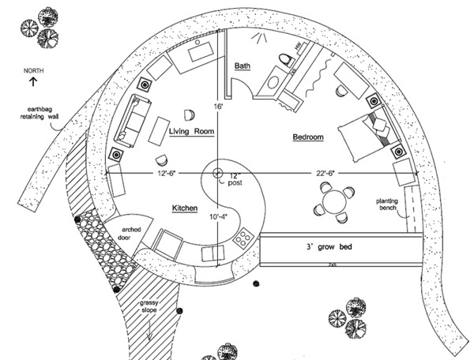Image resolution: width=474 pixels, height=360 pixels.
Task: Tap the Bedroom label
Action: [x=308, y=137]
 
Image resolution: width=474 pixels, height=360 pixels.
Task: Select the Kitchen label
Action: [x=184, y=207]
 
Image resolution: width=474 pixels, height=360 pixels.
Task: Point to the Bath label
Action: [x=242, y=66]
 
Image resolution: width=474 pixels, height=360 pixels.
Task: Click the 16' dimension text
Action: [x=218, y=105]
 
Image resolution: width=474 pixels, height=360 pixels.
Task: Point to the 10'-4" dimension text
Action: [x=217, y=216]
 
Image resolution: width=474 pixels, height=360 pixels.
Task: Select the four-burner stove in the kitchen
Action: [x=243, y=235]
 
